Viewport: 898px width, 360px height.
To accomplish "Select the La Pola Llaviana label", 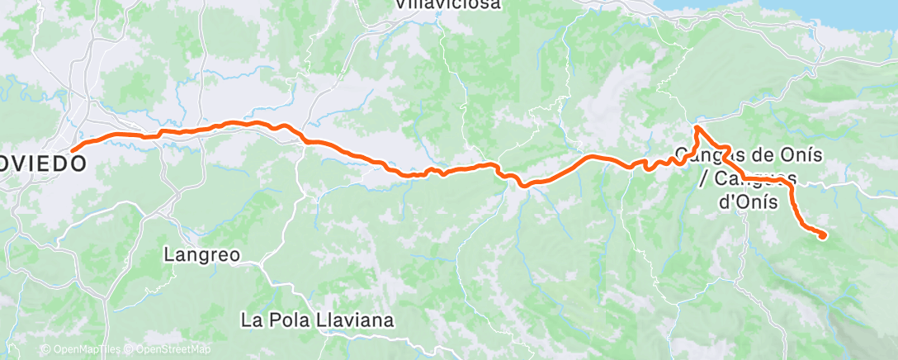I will (317, 320).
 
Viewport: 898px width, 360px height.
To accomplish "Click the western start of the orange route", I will (73, 149).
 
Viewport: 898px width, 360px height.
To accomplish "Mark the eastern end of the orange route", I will (823, 236).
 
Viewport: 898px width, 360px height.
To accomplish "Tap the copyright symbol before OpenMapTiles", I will (45, 350).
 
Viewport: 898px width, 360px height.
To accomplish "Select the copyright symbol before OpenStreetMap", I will (130, 350).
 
